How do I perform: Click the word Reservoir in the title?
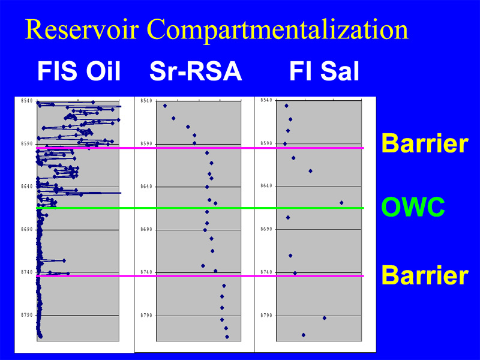[x=82, y=29]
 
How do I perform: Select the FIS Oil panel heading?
[x=79, y=71]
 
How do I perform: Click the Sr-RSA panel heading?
[x=196, y=71]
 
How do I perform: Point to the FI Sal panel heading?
[x=324, y=71]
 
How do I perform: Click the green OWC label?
[x=413, y=207]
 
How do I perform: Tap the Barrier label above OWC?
[x=425, y=143]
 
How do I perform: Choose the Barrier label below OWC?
[x=425, y=275]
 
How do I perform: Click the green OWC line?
[x=200, y=208]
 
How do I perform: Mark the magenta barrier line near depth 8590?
[x=200, y=148]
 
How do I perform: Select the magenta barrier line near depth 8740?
[x=200, y=276]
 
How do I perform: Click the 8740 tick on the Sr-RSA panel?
[x=146, y=272]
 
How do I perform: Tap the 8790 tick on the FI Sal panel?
[x=266, y=316]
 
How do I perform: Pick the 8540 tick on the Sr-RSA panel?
[x=146, y=100]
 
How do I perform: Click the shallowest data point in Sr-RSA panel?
[x=165, y=106]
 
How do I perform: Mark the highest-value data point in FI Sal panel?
[x=341, y=203]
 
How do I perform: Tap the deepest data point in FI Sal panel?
[x=304, y=335]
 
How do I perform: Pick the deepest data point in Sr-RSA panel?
[x=227, y=337]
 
